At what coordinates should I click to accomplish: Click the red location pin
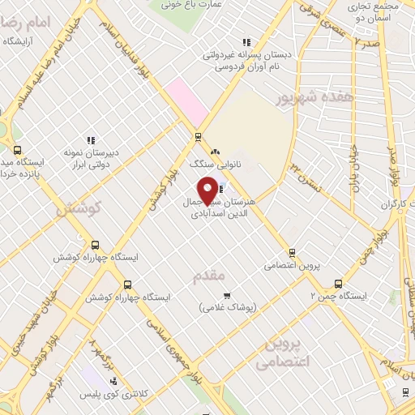click(207, 190)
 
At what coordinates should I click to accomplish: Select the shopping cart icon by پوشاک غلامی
click(228, 295)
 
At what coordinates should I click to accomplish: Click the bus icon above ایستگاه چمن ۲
click(338, 284)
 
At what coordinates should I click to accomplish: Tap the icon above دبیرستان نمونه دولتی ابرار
click(91, 139)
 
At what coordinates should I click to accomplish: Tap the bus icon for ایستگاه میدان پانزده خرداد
click(18, 150)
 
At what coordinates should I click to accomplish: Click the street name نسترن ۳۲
click(306, 173)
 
